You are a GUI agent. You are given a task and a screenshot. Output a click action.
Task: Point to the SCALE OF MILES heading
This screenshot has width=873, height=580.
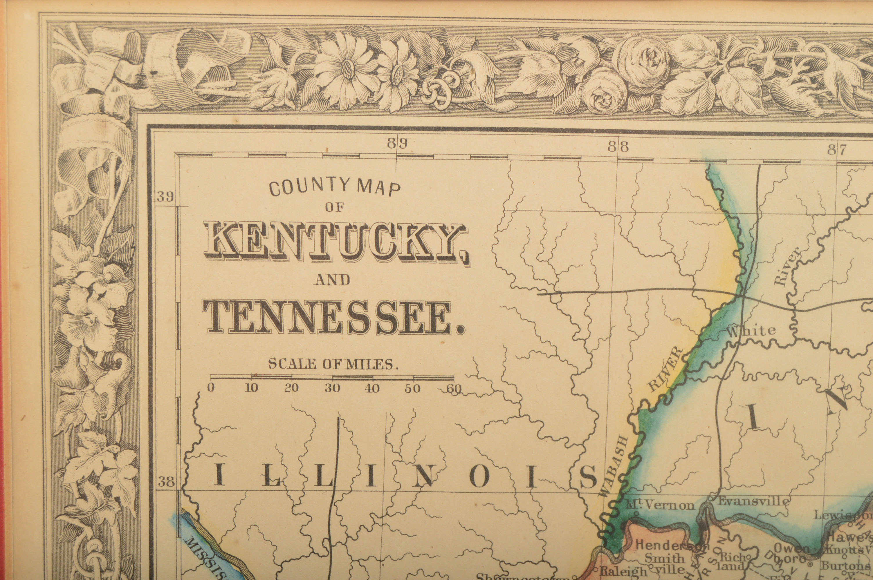click(x=332, y=364)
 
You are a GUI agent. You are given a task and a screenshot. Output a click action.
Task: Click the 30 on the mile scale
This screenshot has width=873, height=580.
click(x=332, y=388)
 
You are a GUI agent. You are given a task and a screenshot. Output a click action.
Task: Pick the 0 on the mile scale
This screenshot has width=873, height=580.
click(x=211, y=388)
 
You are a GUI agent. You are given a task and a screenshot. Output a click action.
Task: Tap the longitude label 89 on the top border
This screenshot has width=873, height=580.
click(x=397, y=144)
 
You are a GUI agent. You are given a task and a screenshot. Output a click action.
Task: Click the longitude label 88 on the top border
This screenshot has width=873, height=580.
click(x=618, y=147)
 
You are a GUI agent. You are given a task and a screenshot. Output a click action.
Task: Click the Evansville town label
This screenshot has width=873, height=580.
click(x=753, y=502)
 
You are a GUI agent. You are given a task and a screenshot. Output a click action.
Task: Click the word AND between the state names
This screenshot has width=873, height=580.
click(x=332, y=280)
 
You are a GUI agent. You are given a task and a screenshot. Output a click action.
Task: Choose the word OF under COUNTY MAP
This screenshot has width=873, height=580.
click(x=335, y=208)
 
